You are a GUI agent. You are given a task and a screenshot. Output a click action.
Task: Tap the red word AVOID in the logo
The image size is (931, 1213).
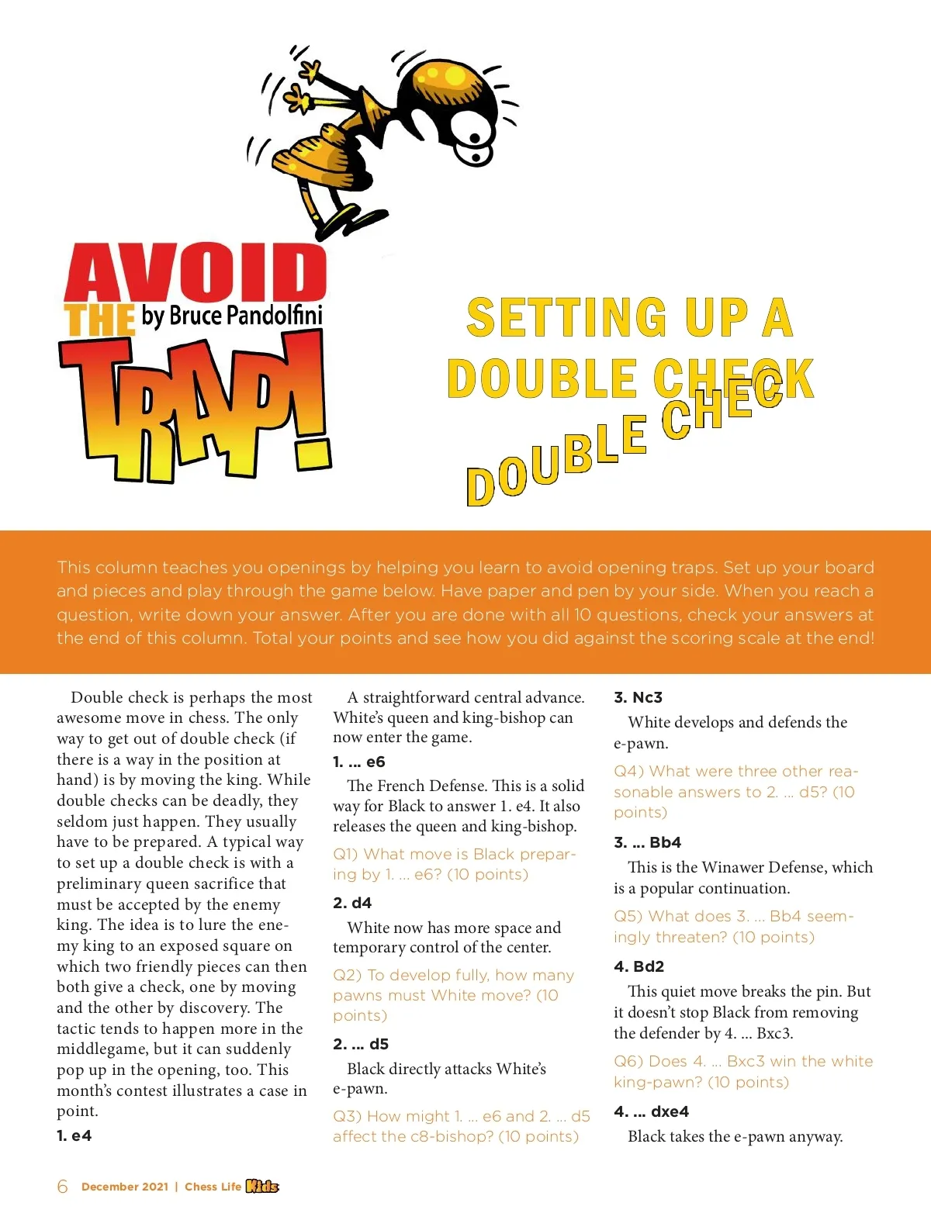coord(196,272)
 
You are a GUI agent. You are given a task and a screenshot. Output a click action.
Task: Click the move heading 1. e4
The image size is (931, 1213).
coord(74,1135)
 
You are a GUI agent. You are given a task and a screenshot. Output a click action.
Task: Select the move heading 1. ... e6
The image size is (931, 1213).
coord(359,762)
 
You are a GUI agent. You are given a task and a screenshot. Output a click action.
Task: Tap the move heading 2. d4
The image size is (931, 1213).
coord(352,903)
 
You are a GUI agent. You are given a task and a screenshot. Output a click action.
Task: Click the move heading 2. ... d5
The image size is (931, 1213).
coord(361,1044)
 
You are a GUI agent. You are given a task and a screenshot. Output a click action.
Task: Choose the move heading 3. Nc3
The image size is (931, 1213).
coord(638,697)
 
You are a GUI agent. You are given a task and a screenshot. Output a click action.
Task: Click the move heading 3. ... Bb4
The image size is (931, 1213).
coord(647,842)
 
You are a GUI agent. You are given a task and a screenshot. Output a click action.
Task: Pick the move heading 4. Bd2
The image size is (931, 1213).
coord(639,966)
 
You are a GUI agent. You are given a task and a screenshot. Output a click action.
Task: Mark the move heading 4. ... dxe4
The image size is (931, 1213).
coord(651,1111)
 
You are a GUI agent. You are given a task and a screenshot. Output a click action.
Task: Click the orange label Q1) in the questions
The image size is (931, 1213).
coord(346,854)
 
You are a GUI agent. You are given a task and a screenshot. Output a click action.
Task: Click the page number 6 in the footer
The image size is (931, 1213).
coord(63,1187)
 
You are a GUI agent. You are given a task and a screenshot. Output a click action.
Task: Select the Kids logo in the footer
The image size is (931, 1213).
coord(262,1186)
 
